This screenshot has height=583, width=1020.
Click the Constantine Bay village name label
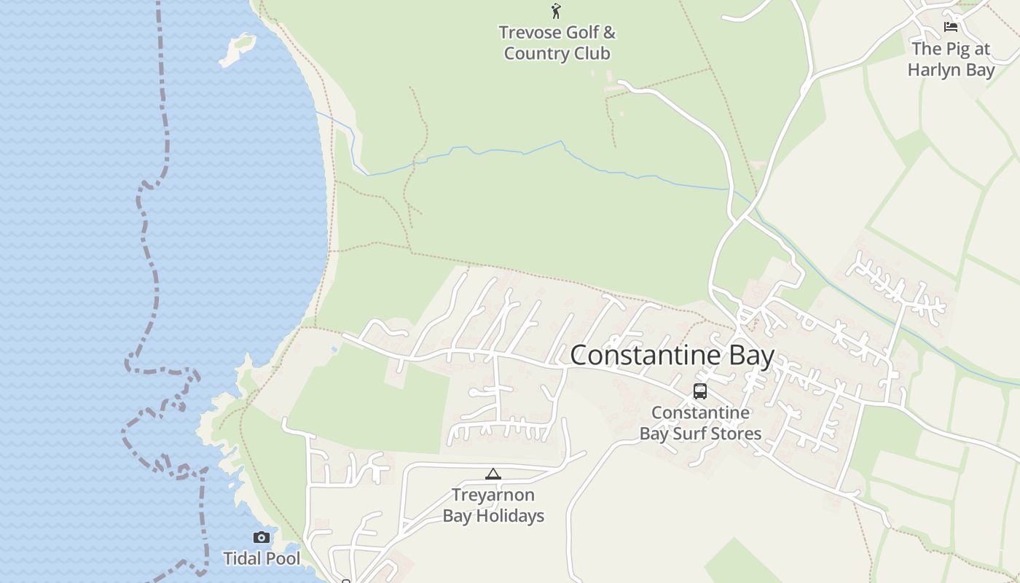(x=672, y=356)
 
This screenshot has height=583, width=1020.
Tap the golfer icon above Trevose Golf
(x=557, y=11)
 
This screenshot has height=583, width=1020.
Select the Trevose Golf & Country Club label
(x=557, y=43)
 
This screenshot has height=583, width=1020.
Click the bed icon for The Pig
(x=951, y=27)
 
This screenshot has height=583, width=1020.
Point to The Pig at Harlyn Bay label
(x=952, y=60)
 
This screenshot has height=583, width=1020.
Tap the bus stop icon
(x=699, y=391)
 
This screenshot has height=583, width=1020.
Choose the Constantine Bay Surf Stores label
(x=700, y=423)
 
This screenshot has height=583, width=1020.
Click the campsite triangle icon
(x=493, y=474)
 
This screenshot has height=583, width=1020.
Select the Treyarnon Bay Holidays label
(x=493, y=505)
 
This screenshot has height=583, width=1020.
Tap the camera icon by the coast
(x=261, y=538)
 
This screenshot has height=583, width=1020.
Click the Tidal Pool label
(x=262, y=559)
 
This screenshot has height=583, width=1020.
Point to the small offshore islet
(x=238, y=49)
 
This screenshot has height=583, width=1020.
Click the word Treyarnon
(x=493, y=496)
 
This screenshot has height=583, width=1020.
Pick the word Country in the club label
(x=538, y=54)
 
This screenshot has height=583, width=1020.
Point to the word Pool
(x=283, y=559)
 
